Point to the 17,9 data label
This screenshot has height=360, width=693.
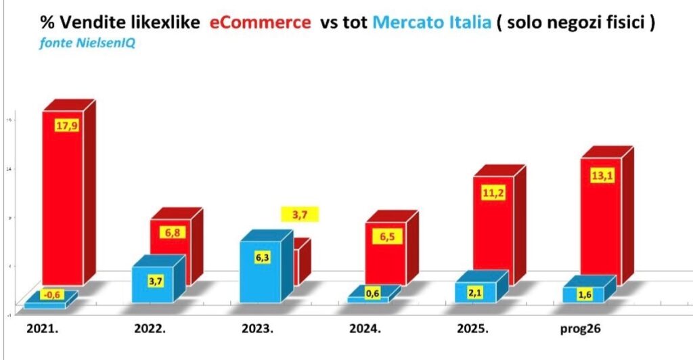[x=66, y=126]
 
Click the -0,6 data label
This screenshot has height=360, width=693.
[x=51, y=294]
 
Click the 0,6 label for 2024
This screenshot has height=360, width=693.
[x=372, y=293]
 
